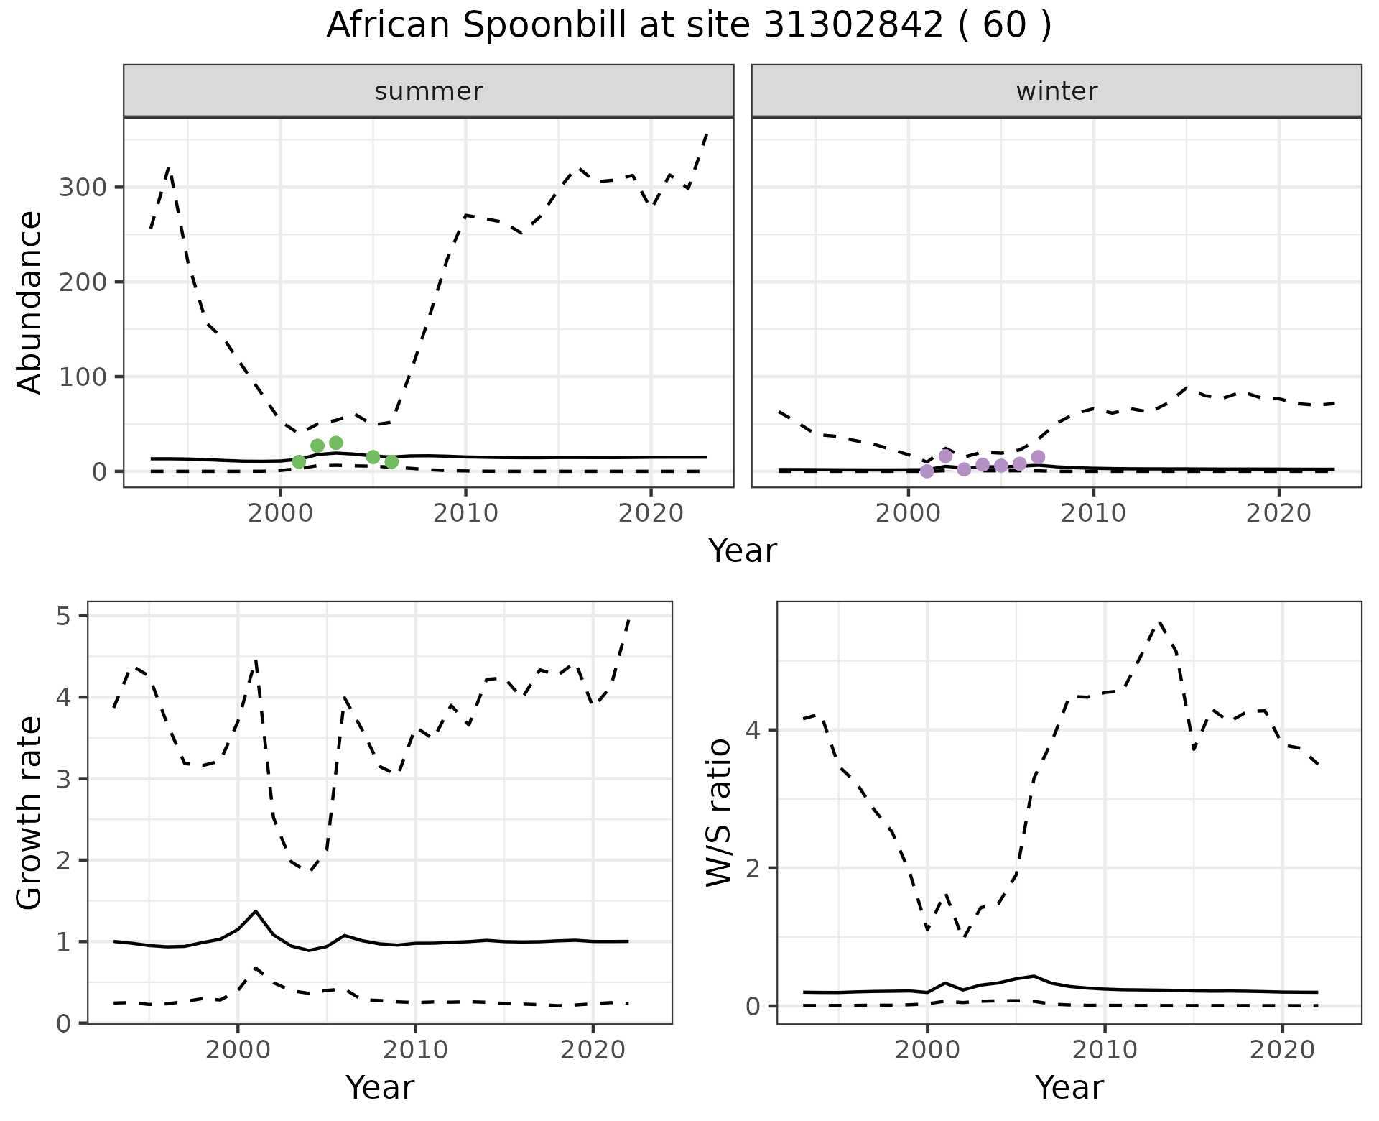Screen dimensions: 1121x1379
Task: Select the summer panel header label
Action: point(429,91)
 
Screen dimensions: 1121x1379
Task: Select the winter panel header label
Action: point(1057,91)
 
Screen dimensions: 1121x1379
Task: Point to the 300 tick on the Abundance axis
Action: point(83,188)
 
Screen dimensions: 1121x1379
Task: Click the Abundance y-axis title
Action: point(30,303)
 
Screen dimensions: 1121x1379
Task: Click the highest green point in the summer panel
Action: point(336,443)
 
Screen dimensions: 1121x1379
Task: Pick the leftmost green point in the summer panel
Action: point(299,461)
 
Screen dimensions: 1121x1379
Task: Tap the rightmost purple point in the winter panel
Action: point(1038,457)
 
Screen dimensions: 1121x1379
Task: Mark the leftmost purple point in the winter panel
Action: point(927,471)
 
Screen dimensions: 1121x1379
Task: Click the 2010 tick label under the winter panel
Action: point(1093,513)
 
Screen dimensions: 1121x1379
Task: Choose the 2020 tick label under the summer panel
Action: point(651,513)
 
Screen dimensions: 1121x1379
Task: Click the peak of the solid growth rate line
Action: point(256,911)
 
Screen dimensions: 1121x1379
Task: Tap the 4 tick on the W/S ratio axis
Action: point(753,730)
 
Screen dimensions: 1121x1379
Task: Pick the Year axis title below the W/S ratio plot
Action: point(1069,1087)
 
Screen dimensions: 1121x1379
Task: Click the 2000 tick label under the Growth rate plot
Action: point(238,1050)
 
